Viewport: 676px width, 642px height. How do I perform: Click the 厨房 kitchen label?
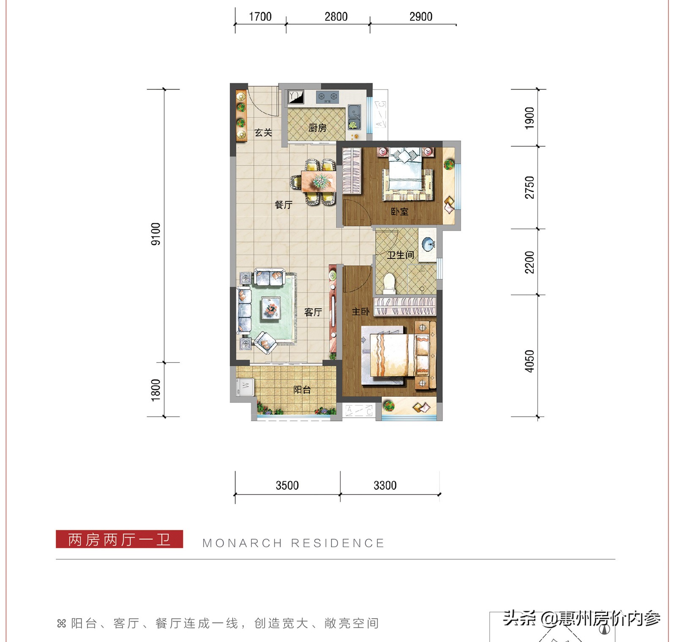click(317, 127)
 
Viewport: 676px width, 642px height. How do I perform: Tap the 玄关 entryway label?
click(263, 133)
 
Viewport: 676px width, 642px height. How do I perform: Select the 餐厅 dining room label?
click(283, 205)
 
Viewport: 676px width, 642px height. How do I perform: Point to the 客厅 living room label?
click(313, 312)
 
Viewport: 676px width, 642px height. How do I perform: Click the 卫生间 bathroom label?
click(401, 255)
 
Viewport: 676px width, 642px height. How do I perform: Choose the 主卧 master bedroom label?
click(360, 312)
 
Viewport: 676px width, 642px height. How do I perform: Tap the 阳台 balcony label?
click(302, 390)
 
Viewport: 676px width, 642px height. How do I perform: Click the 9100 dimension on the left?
click(156, 234)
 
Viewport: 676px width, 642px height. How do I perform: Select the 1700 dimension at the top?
click(260, 17)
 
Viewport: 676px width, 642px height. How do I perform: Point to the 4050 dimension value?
click(529, 361)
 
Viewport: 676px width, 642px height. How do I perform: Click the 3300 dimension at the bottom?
click(385, 485)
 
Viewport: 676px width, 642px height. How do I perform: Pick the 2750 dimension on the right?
click(529, 187)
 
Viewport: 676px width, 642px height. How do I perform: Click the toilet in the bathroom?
click(389, 283)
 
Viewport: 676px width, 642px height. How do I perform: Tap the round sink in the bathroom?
click(428, 244)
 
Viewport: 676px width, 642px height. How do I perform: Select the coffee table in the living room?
click(270, 307)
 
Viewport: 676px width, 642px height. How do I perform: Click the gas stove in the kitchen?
click(327, 97)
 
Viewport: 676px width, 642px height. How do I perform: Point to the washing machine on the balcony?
click(245, 386)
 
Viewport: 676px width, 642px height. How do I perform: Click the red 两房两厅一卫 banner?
click(119, 539)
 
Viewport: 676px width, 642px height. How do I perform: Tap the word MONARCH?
click(242, 543)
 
